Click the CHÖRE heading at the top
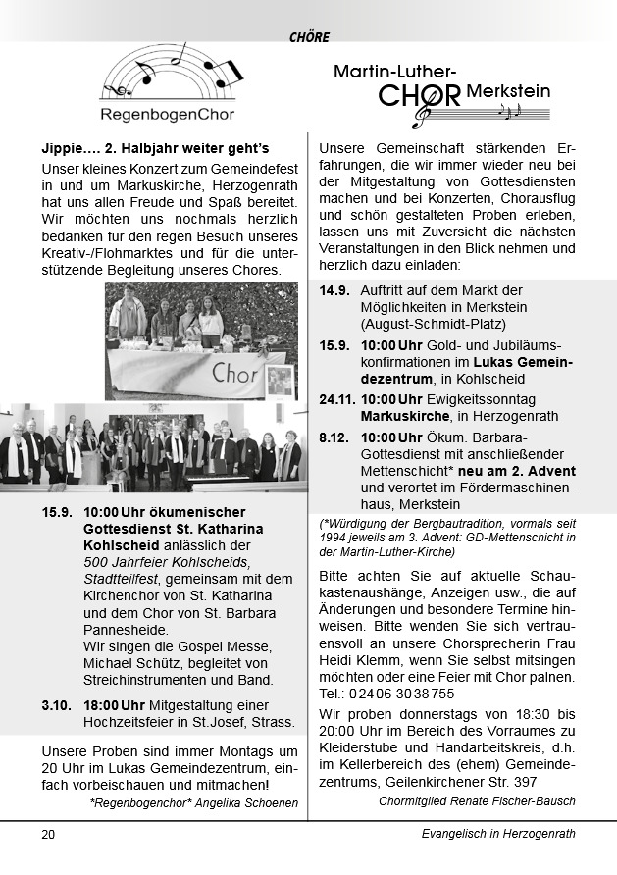pyautogui.click(x=309, y=37)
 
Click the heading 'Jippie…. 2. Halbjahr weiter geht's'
pyautogui.click(x=155, y=148)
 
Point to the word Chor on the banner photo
pyautogui.click(x=234, y=373)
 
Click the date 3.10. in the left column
pyautogui.click(x=57, y=705)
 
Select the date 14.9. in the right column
pyautogui.click(x=335, y=290)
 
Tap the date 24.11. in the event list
pyautogui.click(x=338, y=399)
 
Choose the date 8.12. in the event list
pyautogui.click(x=335, y=437)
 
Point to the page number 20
pyautogui.click(x=48, y=834)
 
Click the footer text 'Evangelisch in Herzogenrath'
pyautogui.click(x=492, y=834)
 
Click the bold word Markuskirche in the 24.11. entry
pyautogui.click(x=403, y=416)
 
